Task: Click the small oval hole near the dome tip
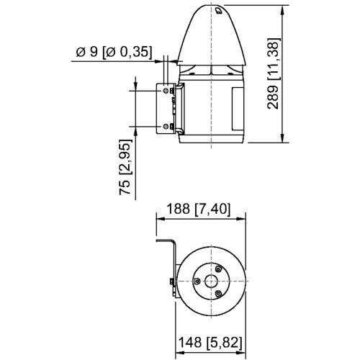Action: tap(218, 10)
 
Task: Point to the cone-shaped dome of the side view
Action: tap(212, 36)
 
